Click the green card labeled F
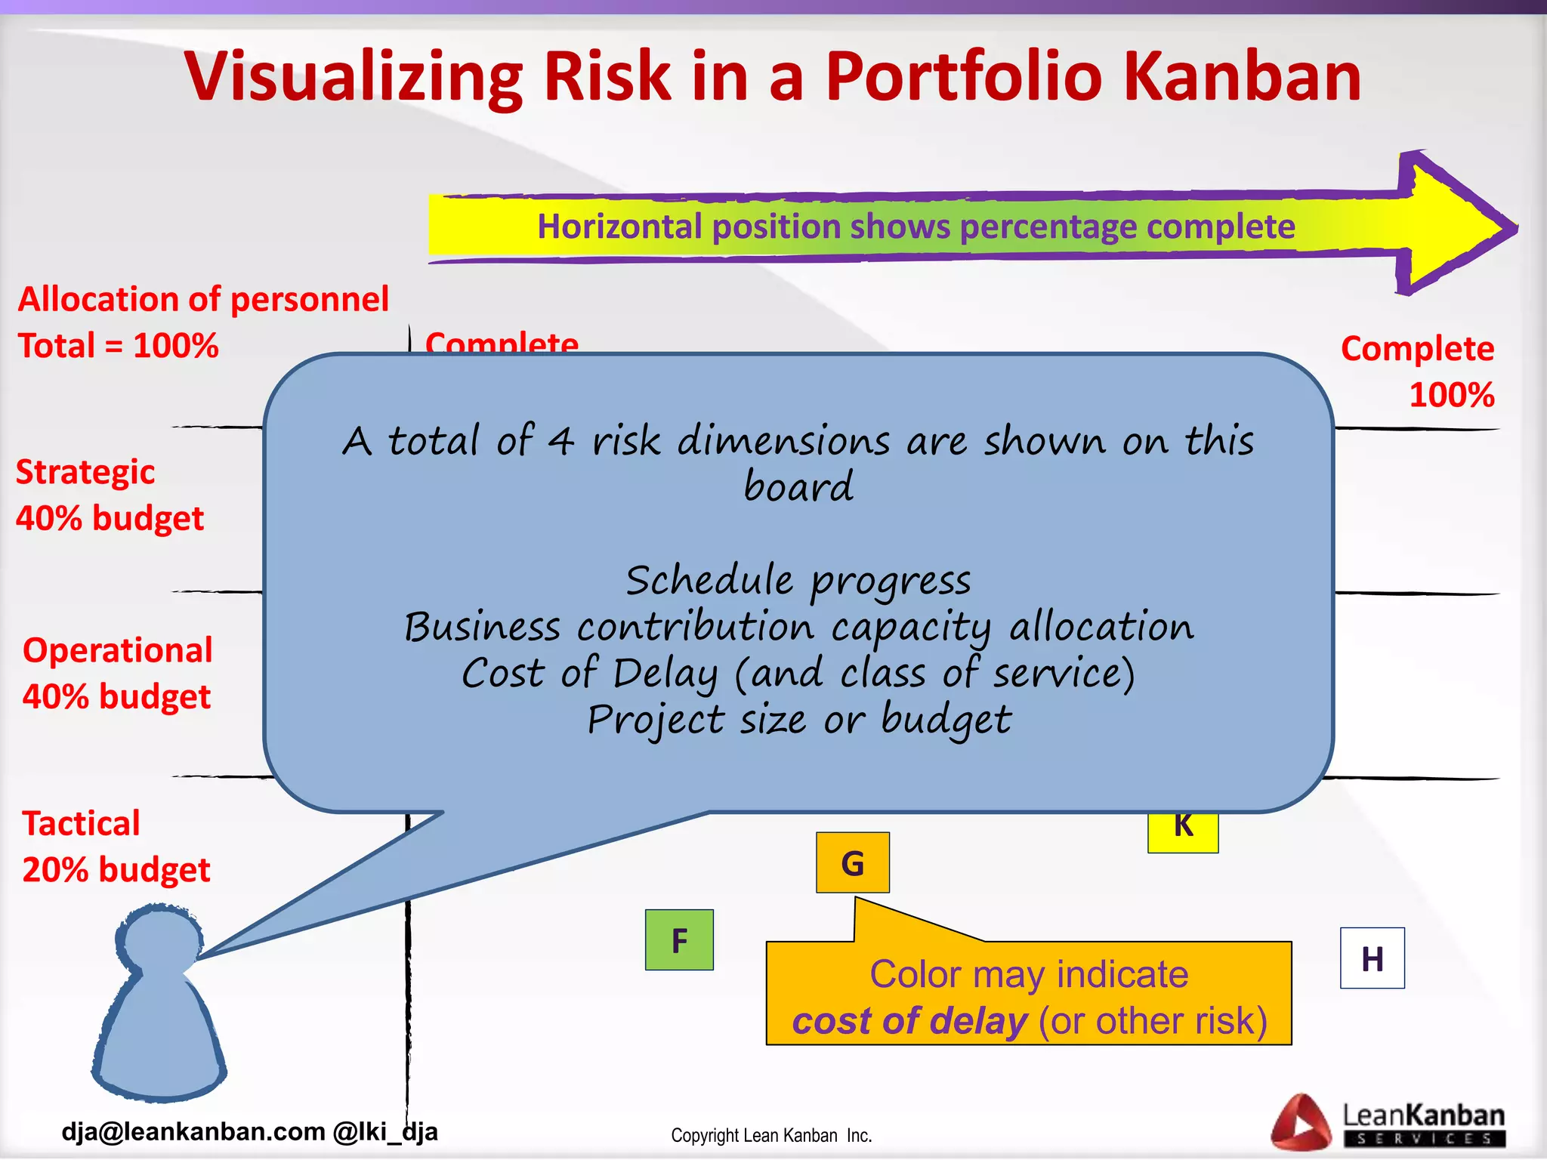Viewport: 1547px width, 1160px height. [679, 940]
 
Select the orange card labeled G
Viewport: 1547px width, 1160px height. [852, 863]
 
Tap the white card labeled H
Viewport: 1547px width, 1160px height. [1372, 958]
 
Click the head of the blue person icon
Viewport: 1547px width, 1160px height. [159, 941]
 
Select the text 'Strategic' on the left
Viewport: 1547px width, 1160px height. [85, 473]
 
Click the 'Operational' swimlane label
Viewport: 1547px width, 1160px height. [118, 650]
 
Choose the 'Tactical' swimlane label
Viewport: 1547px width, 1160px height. [81, 823]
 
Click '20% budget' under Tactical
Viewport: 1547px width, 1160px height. [116, 870]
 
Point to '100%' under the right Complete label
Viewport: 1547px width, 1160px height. [1451, 395]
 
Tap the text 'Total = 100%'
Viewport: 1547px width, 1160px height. [118, 346]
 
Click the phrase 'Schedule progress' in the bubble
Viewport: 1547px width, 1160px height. [798, 581]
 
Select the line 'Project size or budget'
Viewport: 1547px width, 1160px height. [798, 720]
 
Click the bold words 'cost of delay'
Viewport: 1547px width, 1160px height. [909, 1021]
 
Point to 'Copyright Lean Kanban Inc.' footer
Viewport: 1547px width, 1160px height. [771, 1136]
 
